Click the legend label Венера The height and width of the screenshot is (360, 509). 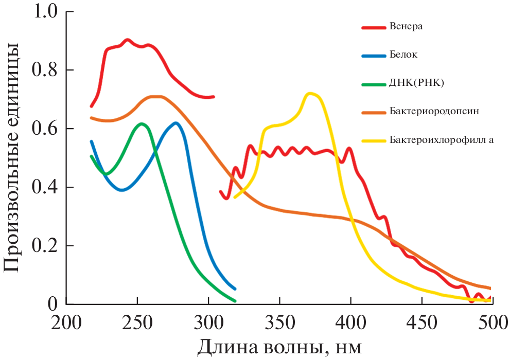407,27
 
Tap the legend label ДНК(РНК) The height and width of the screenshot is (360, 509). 415,82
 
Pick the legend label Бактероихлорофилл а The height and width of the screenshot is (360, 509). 442,139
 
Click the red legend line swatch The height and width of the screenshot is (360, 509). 374,27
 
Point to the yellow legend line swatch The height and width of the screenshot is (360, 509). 374,139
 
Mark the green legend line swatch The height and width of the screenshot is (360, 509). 374,82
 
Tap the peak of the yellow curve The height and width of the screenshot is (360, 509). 310,94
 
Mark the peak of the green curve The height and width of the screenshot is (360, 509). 141,123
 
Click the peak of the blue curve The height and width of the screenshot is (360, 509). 176,123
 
